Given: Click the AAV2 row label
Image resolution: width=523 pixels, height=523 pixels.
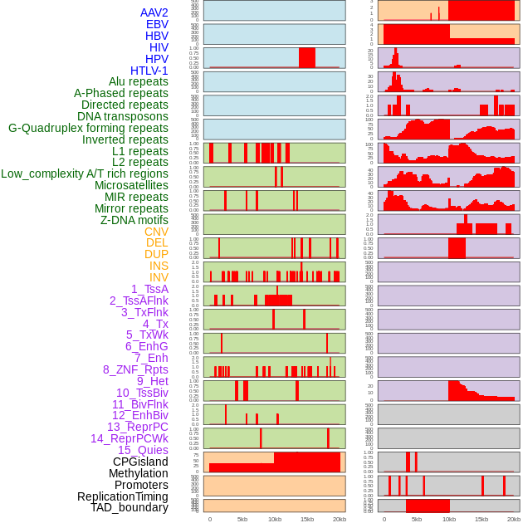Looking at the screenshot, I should pyautogui.click(x=154, y=12).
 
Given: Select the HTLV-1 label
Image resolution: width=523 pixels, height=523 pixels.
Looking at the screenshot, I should pyautogui.click(x=149, y=71).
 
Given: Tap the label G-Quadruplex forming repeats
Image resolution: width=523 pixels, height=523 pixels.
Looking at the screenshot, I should pyautogui.click(x=88, y=128).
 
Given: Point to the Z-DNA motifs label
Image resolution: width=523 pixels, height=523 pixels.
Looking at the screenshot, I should pyautogui.click(x=134, y=220).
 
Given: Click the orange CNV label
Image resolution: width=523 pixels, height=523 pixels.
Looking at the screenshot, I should pyautogui.click(x=156, y=232).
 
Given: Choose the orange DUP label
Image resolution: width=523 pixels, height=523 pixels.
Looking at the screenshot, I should pyautogui.click(x=156, y=254).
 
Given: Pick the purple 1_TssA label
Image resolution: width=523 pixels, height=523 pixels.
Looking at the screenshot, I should pyautogui.click(x=149, y=289).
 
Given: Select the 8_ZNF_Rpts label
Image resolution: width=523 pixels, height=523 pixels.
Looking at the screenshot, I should pyautogui.click(x=135, y=369).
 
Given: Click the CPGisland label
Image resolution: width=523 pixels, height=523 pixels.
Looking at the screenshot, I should pyautogui.click(x=140, y=462).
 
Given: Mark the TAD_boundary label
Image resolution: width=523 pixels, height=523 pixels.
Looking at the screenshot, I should pyautogui.click(x=130, y=507).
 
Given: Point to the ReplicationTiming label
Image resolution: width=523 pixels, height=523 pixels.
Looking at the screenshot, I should pyautogui.click(x=122, y=496).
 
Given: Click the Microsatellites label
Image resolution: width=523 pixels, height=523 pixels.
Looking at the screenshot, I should pyautogui.click(x=131, y=185).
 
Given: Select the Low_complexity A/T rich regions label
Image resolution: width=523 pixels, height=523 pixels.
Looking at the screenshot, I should pyautogui.click(x=85, y=174).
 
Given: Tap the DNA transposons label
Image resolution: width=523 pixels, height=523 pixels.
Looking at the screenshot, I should pyautogui.click(x=122, y=116).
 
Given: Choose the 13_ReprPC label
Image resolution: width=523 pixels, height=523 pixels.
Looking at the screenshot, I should pyautogui.click(x=137, y=427).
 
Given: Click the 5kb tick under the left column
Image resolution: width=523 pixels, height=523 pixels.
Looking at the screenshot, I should pyautogui.click(x=242, y=519).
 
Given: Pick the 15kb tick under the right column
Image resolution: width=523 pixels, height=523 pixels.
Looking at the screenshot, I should pyautogui.click(x=481, y=519).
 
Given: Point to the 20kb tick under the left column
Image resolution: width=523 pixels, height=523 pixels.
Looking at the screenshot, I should pyautogui.click(x=340, y=519).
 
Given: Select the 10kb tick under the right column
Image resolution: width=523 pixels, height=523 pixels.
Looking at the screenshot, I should pyautogui.click(x=449, y=519).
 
